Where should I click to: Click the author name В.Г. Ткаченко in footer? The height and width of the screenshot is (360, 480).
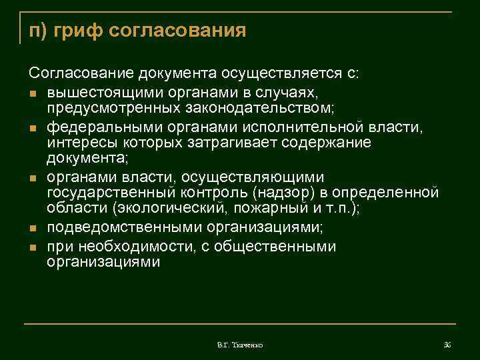click(240, 345)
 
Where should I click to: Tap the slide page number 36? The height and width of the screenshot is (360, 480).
click(447, 345)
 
